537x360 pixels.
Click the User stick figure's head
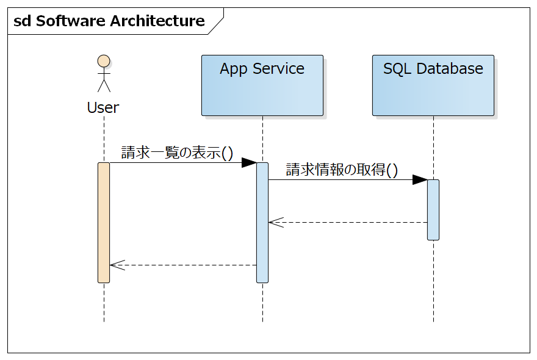tap(104, 61)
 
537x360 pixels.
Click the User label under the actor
tap(103, 107)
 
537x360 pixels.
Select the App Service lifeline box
tap(262, 85)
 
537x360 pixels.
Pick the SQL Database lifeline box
tap(433, 85)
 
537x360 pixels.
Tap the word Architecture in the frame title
tap(157, 21)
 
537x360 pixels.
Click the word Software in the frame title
tap(71, 21)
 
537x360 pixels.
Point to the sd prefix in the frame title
tap(22, 21)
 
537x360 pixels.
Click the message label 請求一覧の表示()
tap(177, 153)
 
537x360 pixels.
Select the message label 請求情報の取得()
tap(342, 170)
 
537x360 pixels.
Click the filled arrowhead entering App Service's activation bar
tap(249, 163)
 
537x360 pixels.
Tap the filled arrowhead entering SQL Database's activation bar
tap(420, 179)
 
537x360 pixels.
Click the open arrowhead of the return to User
tap(117, 265)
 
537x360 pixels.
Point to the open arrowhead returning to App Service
tap(276, 222)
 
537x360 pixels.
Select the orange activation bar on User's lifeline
tap(104, 223)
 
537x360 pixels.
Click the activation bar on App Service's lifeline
tap(262, 223)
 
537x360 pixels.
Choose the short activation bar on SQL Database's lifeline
tap(433, 210)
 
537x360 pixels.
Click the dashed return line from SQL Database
tap(348, 222)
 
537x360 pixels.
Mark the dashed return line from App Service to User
tap(183, 265)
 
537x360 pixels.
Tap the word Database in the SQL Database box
tap(450, 68)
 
